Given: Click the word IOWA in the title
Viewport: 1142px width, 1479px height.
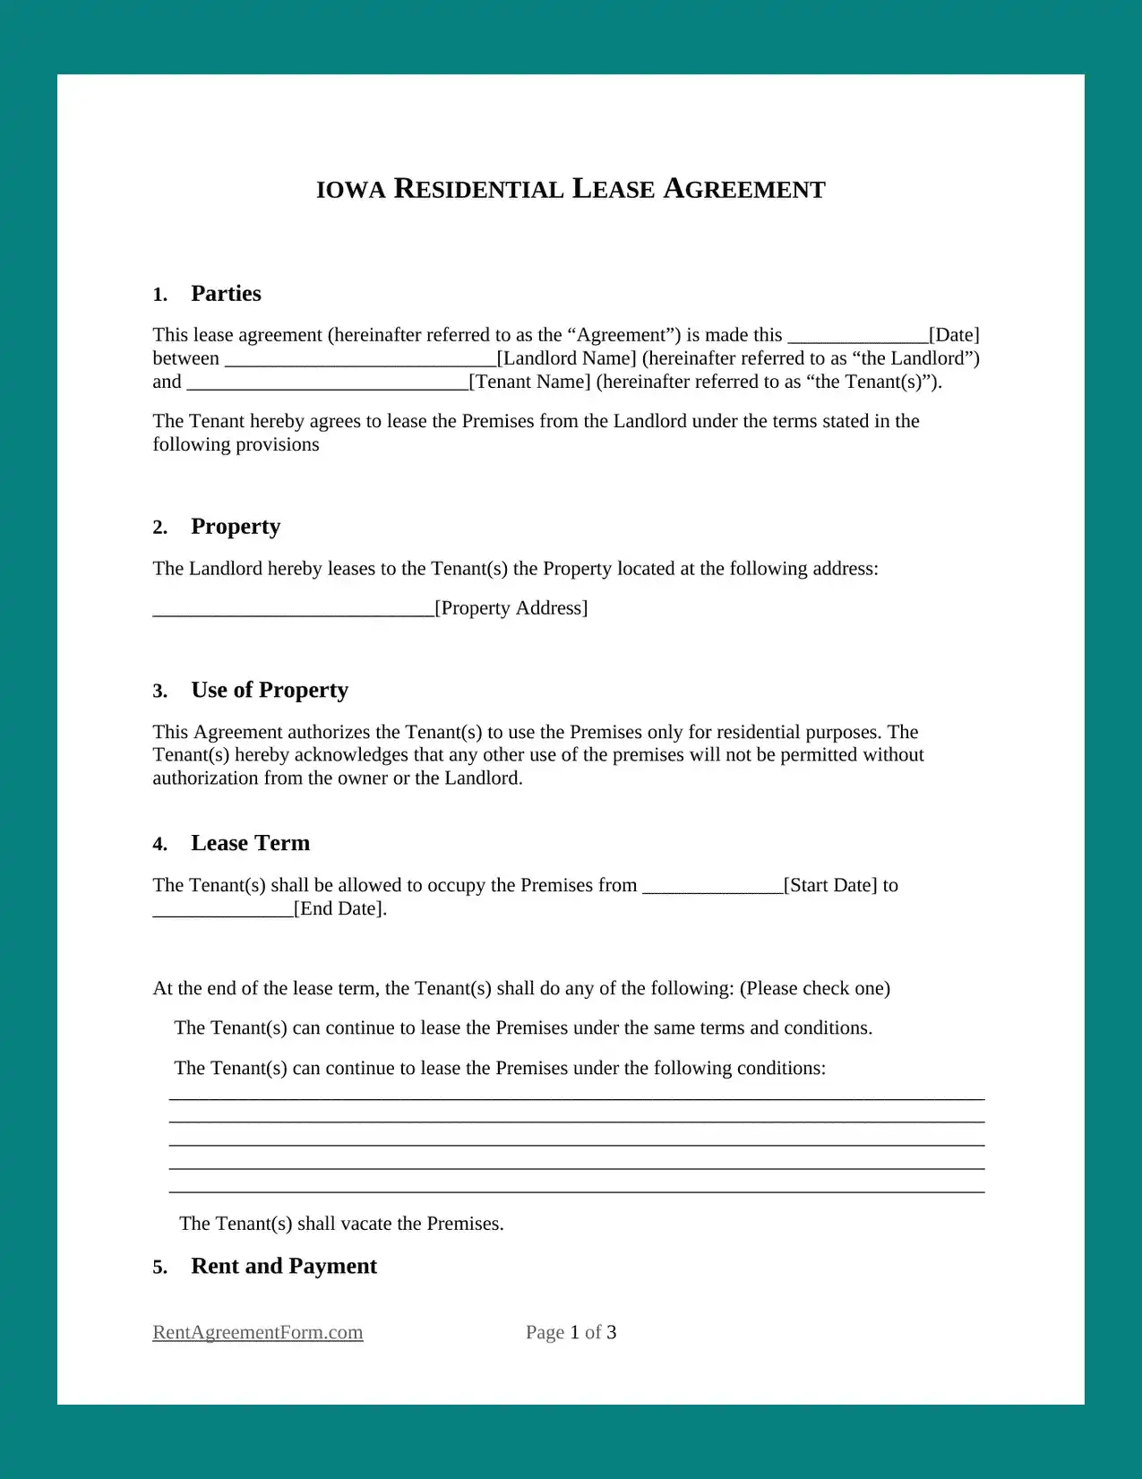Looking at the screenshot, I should [350, 190].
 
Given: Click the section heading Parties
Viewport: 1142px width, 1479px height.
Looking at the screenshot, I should [226, 294].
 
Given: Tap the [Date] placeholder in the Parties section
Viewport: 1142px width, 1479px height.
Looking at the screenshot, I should [954, 335].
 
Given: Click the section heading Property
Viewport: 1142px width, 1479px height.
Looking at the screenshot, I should [236, 527].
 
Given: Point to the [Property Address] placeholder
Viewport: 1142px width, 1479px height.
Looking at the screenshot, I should [511, 608].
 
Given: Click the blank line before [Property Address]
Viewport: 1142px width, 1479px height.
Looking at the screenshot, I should [293, 611].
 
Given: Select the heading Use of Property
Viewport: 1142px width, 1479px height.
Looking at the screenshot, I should [270, 691].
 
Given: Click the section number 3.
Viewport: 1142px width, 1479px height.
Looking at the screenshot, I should [159, 692].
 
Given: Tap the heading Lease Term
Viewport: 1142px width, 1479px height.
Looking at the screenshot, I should [250, 844].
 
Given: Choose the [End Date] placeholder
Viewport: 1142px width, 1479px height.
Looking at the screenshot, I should [340, 908].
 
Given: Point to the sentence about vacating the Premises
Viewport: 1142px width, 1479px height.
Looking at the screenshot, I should [341, 1224].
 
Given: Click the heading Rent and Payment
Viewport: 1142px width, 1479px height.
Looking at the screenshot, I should [284, 1267].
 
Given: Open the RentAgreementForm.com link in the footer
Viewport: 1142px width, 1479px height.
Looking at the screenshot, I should [258, 1332].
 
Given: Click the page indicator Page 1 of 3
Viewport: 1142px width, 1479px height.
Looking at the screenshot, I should [571, 1332].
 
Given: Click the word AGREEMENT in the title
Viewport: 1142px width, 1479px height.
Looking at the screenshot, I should [744, 190].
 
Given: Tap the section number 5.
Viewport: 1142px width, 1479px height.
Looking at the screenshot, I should [159, 1268].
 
